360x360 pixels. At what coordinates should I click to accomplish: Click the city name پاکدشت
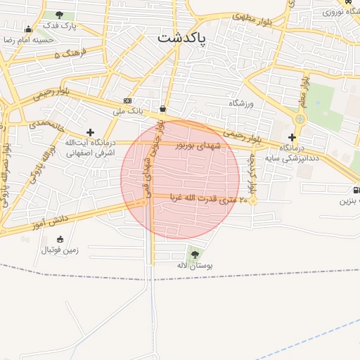pyautogui.click(x=181, y=38)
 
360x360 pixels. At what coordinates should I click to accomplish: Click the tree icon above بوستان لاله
pyautogui.click(x=194, y=254)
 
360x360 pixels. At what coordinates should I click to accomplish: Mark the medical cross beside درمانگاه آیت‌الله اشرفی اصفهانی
pyautogui.click(x=90, y=132)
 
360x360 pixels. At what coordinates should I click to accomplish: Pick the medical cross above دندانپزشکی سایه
pyautogui.click(x=292, y=137)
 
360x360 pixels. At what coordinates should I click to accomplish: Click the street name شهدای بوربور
pyautogui.click(x=198, y=146)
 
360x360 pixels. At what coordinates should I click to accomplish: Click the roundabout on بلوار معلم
pyautogui.click(x=300, y=119)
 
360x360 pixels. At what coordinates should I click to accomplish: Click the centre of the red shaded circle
pyautogui.click(x=180, y=180)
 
